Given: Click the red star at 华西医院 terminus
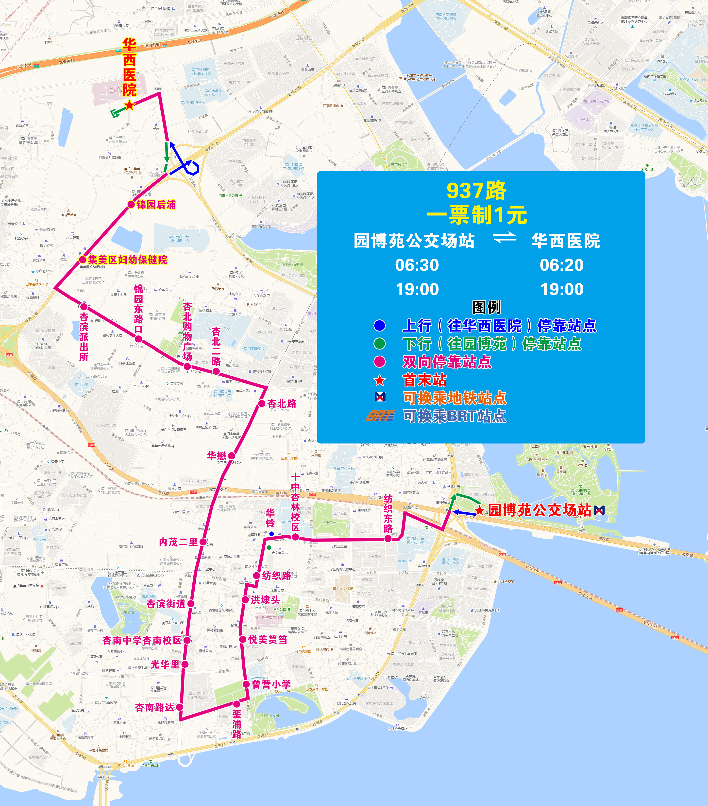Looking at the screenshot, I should [x=129, y=105].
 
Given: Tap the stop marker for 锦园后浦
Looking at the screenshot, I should [x=131, y=204].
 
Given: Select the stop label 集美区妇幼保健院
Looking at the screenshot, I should [x=127, y=260].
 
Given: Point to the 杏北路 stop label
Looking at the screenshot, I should [x=282, y=403].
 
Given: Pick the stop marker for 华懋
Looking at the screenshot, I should [x=231, y=456].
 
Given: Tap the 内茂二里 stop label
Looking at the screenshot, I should [x=178, y=542].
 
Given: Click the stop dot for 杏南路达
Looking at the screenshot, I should [x=180, y=707].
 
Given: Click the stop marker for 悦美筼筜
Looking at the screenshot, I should [x=243, y=640].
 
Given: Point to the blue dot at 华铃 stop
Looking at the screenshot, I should [x=271, y=534].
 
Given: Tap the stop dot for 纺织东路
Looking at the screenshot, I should [x=388, y=539].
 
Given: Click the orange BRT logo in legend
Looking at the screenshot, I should [x=380, y=416].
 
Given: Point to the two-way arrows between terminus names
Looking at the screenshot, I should [x=505, y=238].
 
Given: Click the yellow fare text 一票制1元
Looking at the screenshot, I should [x=477, y=215].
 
